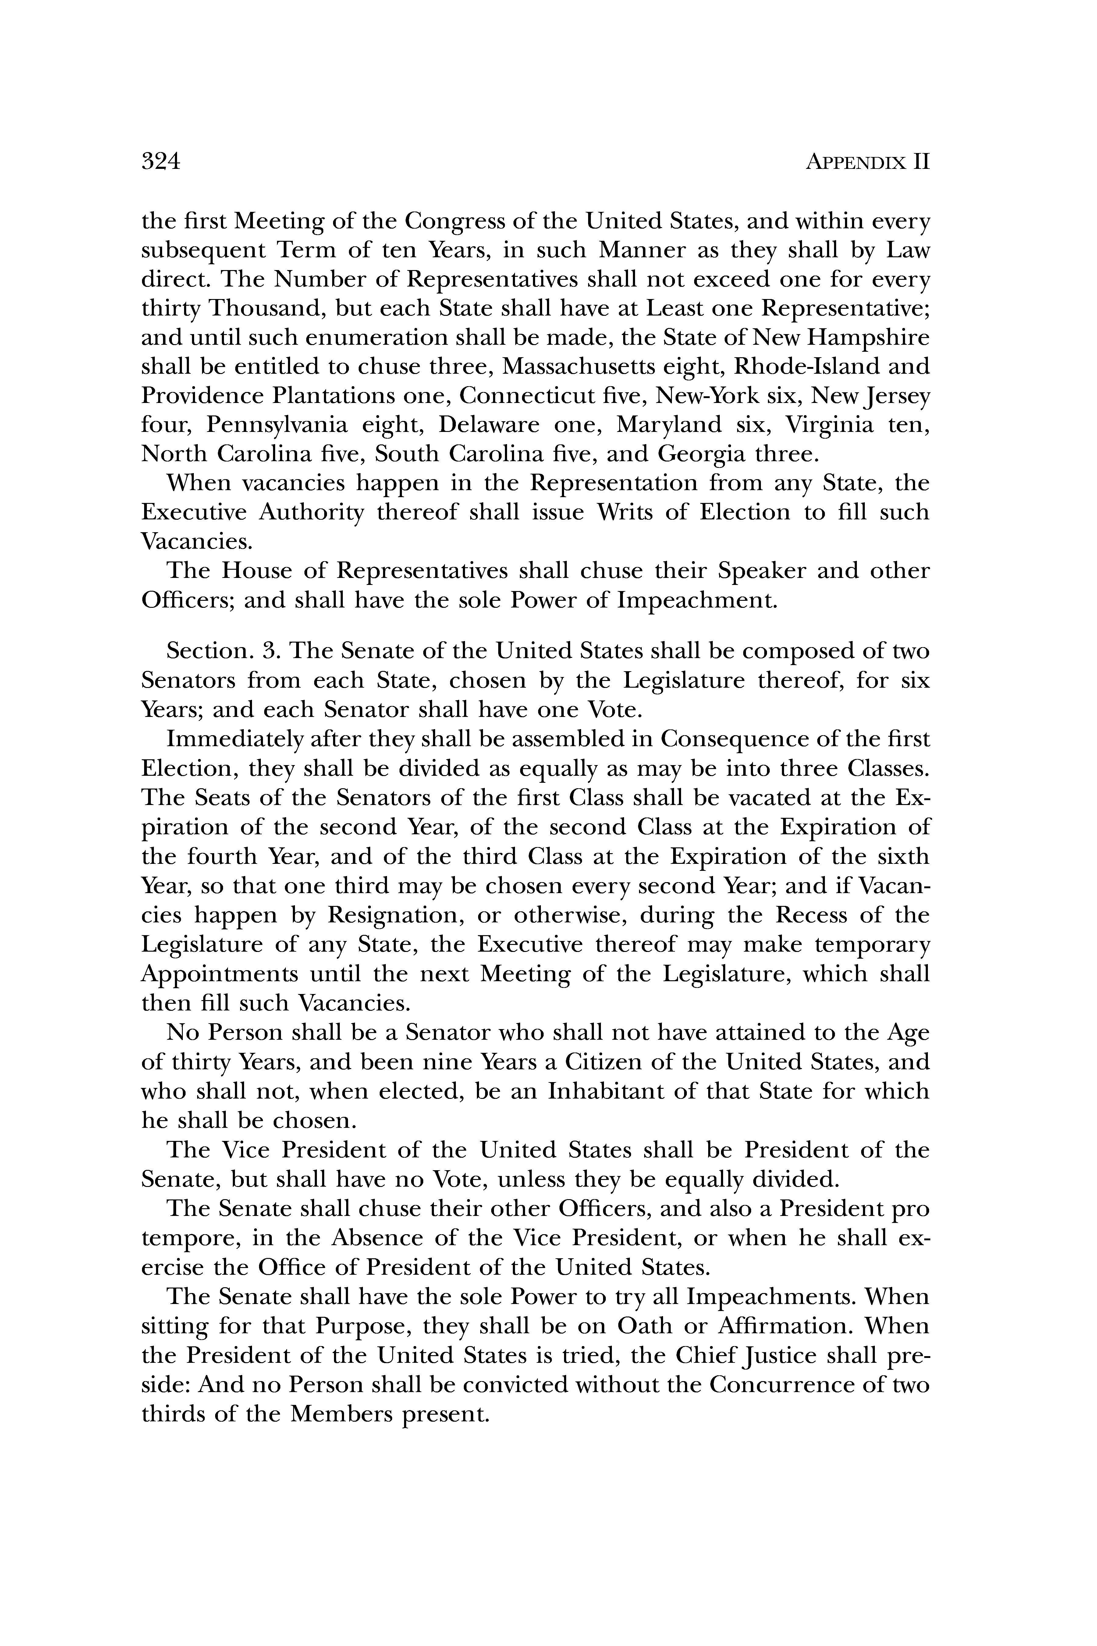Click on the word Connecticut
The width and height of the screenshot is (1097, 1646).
537,396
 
